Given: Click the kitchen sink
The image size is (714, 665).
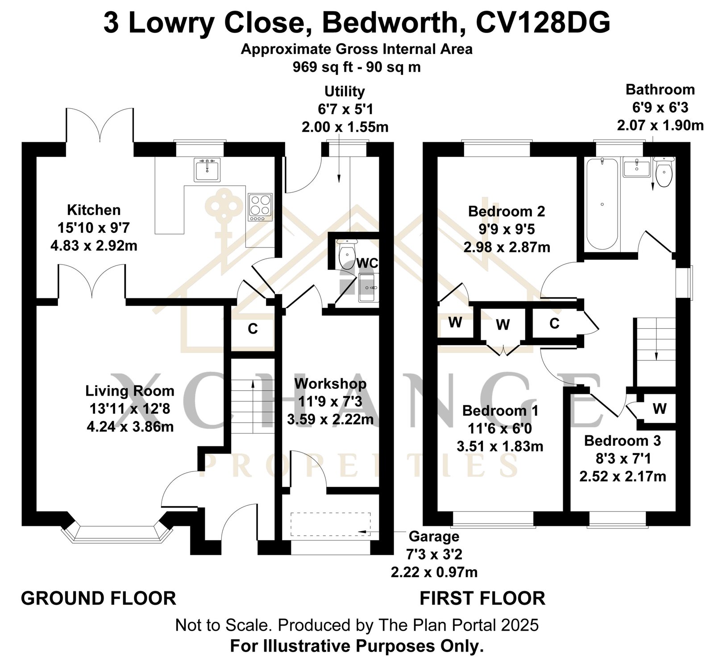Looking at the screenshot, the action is [207, 169].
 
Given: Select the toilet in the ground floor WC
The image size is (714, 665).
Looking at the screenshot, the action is [346, 254].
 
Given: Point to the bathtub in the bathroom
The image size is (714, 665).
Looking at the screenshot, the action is [602, 203].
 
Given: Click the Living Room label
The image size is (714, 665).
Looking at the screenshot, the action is [130, 391].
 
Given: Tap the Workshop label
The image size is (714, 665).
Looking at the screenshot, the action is [330, 383].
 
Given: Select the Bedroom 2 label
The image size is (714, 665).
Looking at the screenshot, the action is [506, 211].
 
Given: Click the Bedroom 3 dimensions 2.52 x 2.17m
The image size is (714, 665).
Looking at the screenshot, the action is [623, 476].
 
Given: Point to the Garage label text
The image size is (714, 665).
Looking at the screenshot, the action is [434, 536].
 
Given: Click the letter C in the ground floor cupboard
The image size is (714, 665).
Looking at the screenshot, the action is [253, 329].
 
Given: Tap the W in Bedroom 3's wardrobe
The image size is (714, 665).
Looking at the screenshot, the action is [660, 408].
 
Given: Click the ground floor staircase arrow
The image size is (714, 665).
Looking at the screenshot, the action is [253, 406].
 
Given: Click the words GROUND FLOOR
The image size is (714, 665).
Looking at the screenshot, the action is [99, 598].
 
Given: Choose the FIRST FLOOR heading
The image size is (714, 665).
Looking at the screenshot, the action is [482, 598].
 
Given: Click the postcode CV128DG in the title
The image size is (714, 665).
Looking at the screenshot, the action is [543, 23].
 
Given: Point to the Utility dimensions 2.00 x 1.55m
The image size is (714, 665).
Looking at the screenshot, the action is [345, 127].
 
